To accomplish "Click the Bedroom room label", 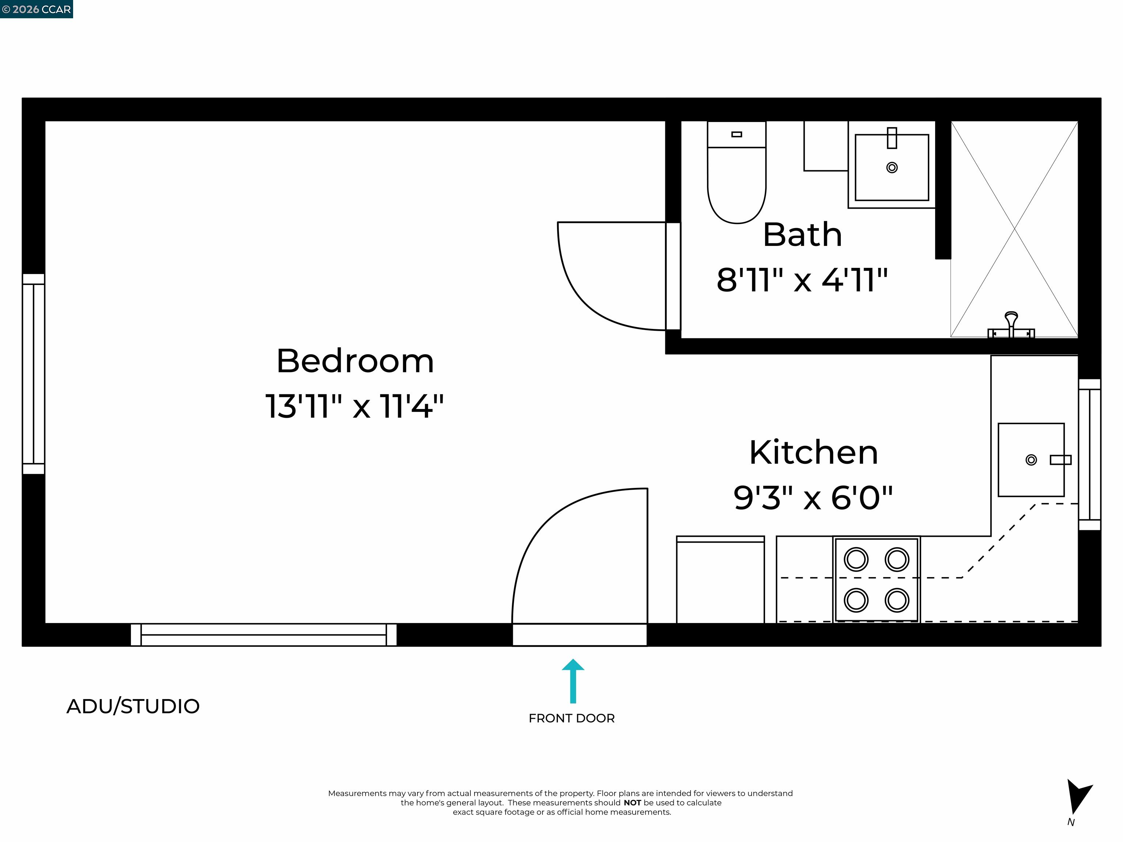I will click(355, 361).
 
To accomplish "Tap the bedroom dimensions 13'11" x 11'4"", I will click(355, 406).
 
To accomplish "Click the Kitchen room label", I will click(813, 453).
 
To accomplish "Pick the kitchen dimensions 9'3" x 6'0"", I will click(813, 498).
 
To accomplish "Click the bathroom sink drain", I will click(892, 167).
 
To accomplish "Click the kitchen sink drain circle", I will click(1031, 460).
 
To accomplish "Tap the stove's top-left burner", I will click(856, 559).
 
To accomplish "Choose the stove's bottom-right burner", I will click(897, 600).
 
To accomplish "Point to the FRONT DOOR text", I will click(572, 718).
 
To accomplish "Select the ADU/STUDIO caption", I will click(133, 706).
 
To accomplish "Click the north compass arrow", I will click(1077, 796).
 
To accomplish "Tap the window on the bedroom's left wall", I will click(34, 374).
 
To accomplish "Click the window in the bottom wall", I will click(264, 634).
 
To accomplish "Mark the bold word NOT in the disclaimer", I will click(632, 803).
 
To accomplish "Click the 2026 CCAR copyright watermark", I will click(36, 9).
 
